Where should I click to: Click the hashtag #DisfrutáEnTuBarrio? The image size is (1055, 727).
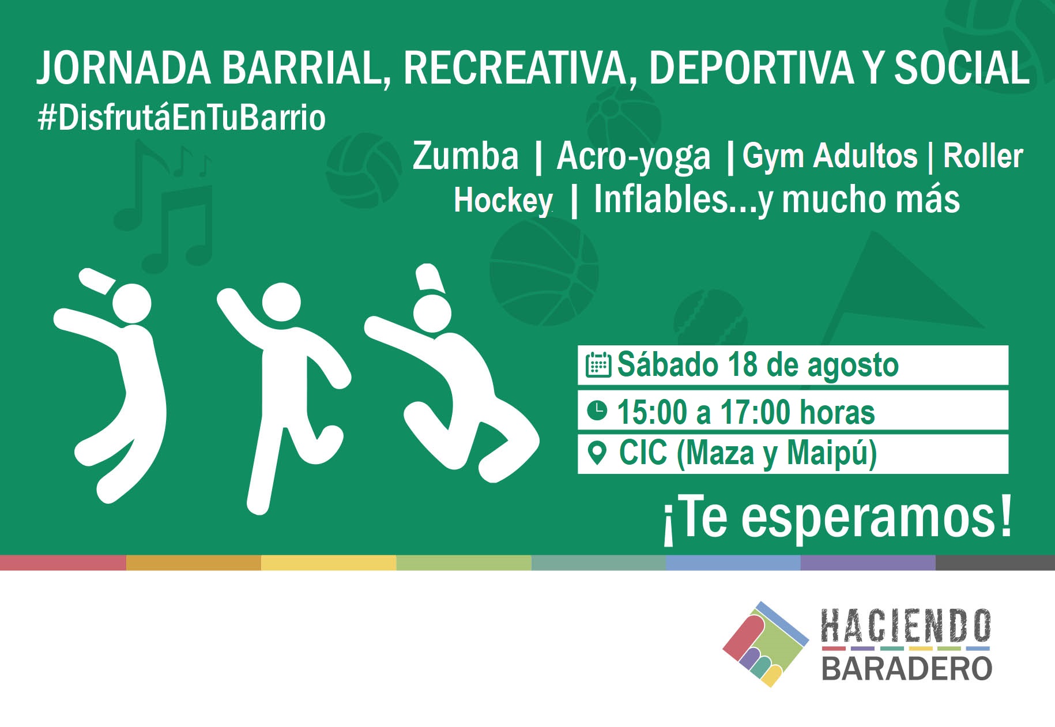[x=182, y=118]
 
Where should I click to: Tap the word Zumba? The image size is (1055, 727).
[x=466, y=156]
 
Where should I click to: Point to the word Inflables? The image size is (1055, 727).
[x=661, y=199]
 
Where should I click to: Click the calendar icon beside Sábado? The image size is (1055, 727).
[x=598, y=365]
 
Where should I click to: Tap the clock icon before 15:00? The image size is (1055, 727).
[x=597, y=410]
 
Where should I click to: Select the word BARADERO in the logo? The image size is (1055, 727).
[x=906, y=669]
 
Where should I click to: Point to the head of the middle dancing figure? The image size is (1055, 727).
[x=281, y=302]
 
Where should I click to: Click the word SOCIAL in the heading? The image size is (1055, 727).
[x=962, y=69]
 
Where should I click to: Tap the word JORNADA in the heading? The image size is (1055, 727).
[x=125, y=69]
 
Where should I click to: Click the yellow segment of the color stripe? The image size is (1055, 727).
[x=329, y=563]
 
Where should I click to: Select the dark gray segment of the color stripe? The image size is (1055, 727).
[x=995, y=563]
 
